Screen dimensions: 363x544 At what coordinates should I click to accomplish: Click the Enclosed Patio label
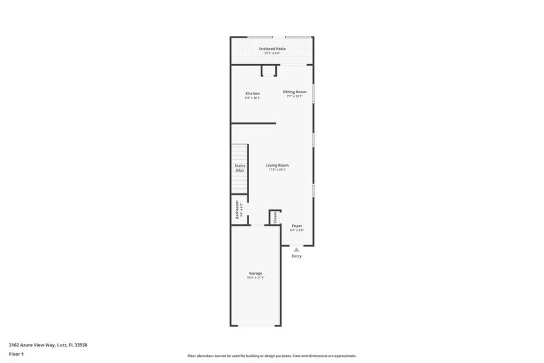(x=272, y=48)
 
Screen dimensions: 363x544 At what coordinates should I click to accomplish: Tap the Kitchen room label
(x=252, y=93)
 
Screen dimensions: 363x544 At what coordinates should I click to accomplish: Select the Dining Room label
(x=294, y=91)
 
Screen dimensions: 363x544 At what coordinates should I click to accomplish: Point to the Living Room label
(x=277, y=165)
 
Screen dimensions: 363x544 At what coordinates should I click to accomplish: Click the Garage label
(x=255, y=273)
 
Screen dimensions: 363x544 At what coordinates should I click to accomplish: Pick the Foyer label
(x=297, y=226)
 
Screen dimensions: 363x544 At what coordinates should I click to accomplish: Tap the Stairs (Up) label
(x=240, y=168)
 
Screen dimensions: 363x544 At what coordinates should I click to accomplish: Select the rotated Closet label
(x=275, y=217)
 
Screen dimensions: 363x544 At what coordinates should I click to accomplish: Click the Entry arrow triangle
(x=296, y=249)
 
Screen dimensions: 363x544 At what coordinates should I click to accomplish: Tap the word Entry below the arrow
(x=297, y=256)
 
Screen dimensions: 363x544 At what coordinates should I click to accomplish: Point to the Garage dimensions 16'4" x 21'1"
(x=255, y=278)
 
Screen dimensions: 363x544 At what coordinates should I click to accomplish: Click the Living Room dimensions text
(x=277, y=170)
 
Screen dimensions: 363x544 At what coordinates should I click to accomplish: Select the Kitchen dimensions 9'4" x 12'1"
(x=252, y=98)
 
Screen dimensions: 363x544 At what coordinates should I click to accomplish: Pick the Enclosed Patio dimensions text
(x=272, y=53)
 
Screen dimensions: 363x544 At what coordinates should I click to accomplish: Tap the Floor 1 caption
(x=16, y=354)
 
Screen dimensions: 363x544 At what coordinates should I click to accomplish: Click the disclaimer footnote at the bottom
(x=271, y=356)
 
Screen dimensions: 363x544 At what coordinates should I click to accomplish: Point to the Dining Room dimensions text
(x=294, y=96)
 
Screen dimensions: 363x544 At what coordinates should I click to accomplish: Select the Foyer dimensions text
(x=297, y=230)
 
